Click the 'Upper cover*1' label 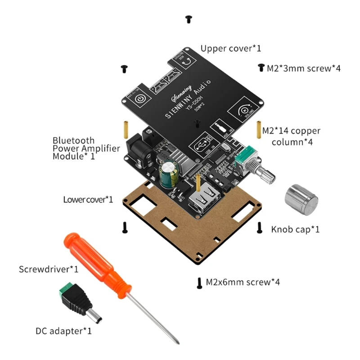tap(230, 48)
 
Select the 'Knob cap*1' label tap(295, 229)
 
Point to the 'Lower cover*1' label tap(88, 199)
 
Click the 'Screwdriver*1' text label tap(49, 270)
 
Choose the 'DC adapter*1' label tap(63, 331)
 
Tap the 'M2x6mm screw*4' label tap(243, 282)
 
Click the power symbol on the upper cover tap(139, 99)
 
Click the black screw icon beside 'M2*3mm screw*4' tap(260, 68)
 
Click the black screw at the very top tap(189, 19)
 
